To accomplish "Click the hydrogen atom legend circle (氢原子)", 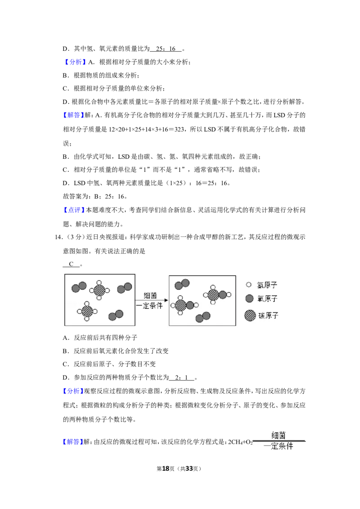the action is [x=248, y=285].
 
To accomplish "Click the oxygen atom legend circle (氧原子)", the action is [x=249, y=298].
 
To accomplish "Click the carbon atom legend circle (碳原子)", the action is [x=250, y=315].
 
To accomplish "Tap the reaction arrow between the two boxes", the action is [x=152, y=300].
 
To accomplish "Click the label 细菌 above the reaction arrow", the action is [x=150, y=295].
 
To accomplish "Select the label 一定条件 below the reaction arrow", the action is [x=149, y=306].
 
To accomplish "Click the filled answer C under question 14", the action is [x=71, y=264].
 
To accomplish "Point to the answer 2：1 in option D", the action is [x=182, y=378].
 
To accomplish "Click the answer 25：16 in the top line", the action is [x=166, y=49].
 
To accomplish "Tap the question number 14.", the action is [x=58, y=237].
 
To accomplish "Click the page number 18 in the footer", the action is [x=166, y=469].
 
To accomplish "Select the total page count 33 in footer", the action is [x=189, y=469].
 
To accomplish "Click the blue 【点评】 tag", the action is [x=73, y=210].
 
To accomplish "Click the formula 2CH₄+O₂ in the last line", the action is [x=240, y=442].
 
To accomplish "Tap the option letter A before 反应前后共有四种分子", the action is [x=66, y=338].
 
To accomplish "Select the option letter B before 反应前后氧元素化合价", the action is [x=66, y=351].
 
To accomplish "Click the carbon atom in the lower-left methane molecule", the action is [x=87, y=311].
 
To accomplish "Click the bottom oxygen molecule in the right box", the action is [x=203, y=317].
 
